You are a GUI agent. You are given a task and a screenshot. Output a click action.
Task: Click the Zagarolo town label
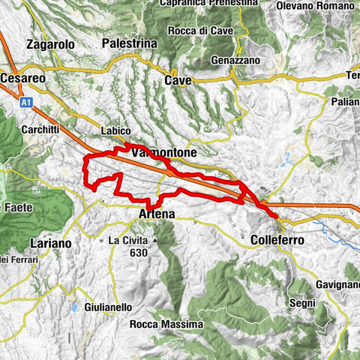click(x=50, y=44)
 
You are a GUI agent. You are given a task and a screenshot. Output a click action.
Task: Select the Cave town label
click(x=178, y=80)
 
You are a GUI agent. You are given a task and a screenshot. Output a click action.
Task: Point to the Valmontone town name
click(x=163, y=152)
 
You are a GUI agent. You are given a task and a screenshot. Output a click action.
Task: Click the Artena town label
click(x=157, y=214)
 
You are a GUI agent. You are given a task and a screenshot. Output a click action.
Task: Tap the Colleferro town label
click(x=274, y=241)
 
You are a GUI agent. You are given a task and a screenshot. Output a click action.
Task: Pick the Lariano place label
click(x=51, y=243)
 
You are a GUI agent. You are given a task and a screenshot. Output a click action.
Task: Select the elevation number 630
click(x=136, y=253)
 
